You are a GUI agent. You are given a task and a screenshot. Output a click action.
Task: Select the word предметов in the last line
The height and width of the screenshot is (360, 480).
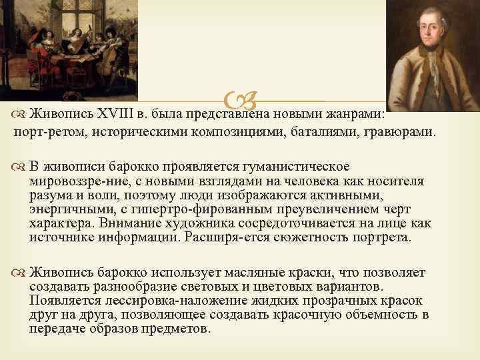tap(179, 329)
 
